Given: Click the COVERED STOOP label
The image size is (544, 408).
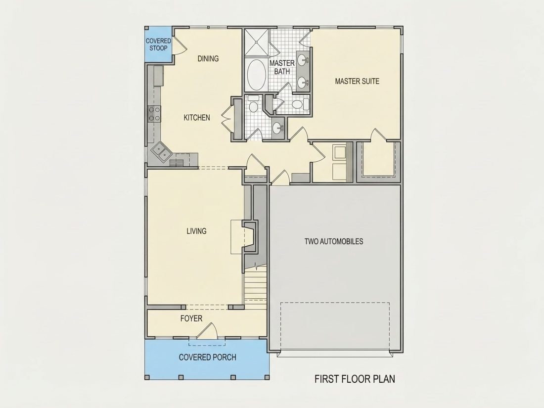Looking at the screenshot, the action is pyautogui.click(x=158, y=45).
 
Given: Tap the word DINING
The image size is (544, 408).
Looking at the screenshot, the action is pyautogui.click(x=208, y=59).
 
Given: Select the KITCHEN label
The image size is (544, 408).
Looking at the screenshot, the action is pyautogui.click(x=197, y=118).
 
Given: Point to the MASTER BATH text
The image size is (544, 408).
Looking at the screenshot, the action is pyautogui.click(x=282, y=67).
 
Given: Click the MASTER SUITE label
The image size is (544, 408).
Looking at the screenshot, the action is pyautogui.click(x=357, y=81).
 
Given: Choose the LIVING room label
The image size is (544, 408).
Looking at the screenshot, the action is pyautogui.click(x=196, y=231).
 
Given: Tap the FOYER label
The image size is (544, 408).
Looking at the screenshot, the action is pyautogui.click(x=191, y=318).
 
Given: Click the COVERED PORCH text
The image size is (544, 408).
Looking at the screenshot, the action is pyautogui.click(x=208, y=358).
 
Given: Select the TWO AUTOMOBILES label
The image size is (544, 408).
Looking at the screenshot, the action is pyautogui.click(x=334, y=241).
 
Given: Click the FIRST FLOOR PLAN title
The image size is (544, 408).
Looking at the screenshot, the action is pyautogui.click(x=355, y=379).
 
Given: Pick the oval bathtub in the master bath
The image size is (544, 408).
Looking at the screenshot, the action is pyautogui.click(x=256, y=75).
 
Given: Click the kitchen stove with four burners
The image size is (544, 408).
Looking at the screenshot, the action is pyautogui.click(x=154, y=114).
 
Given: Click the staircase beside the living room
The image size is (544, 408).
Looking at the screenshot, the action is pyautogui.click(x=255, y=283).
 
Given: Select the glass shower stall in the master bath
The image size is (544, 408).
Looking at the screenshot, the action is pyautogui.click(x=257, y=43).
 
